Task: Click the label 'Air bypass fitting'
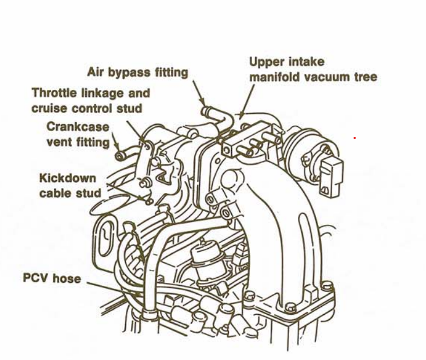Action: tap(137, 72)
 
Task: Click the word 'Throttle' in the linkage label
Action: tap(54, 93)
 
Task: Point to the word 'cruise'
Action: tap(49, 108)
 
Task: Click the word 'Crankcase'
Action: tap(78, 126)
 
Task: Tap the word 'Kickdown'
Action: tap(68, 178)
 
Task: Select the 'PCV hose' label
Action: tap(52, 278)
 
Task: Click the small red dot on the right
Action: tap(355, 138)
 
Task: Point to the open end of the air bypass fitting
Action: tap(206, 111)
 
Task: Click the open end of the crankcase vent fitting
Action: tap(119, 156)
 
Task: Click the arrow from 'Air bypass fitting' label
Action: tap(199, 93)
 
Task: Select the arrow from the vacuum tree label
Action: tap(247, 101)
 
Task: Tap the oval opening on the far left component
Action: tap(106, 239)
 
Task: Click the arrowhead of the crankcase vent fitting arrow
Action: tap(117, 147)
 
